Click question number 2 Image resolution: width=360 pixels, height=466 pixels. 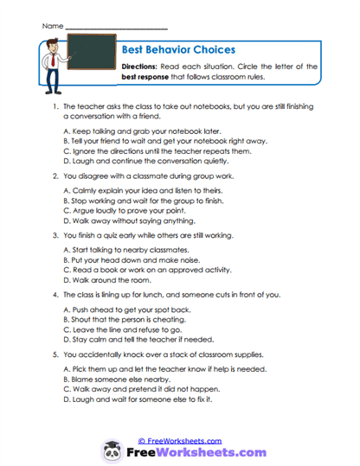[x=55, y=173]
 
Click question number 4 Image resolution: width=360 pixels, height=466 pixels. [x=55, y=294]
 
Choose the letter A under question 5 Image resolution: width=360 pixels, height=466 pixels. [x=67, y=370]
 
